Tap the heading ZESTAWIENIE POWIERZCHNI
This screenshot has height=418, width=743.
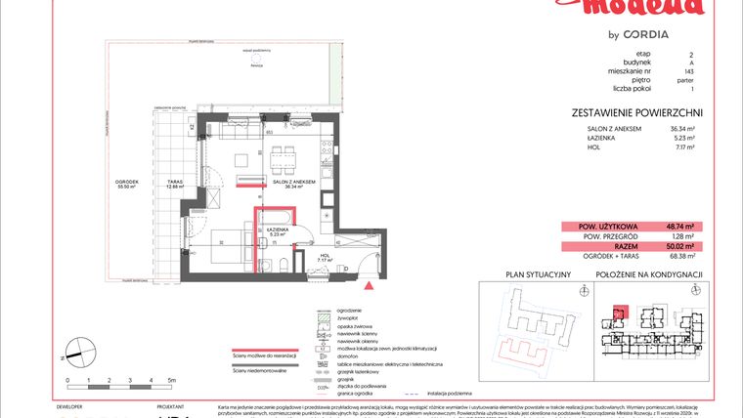pos(636,112)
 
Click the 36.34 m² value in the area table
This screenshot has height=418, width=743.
pos(681,128)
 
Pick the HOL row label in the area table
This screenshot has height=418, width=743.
pos(593,147)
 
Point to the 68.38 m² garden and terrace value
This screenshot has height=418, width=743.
pos(680,257)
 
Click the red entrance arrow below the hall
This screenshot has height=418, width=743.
pos(368,287)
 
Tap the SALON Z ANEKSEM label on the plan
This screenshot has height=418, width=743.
pos(293,183)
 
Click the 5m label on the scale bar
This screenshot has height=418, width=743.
pos(171,378)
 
